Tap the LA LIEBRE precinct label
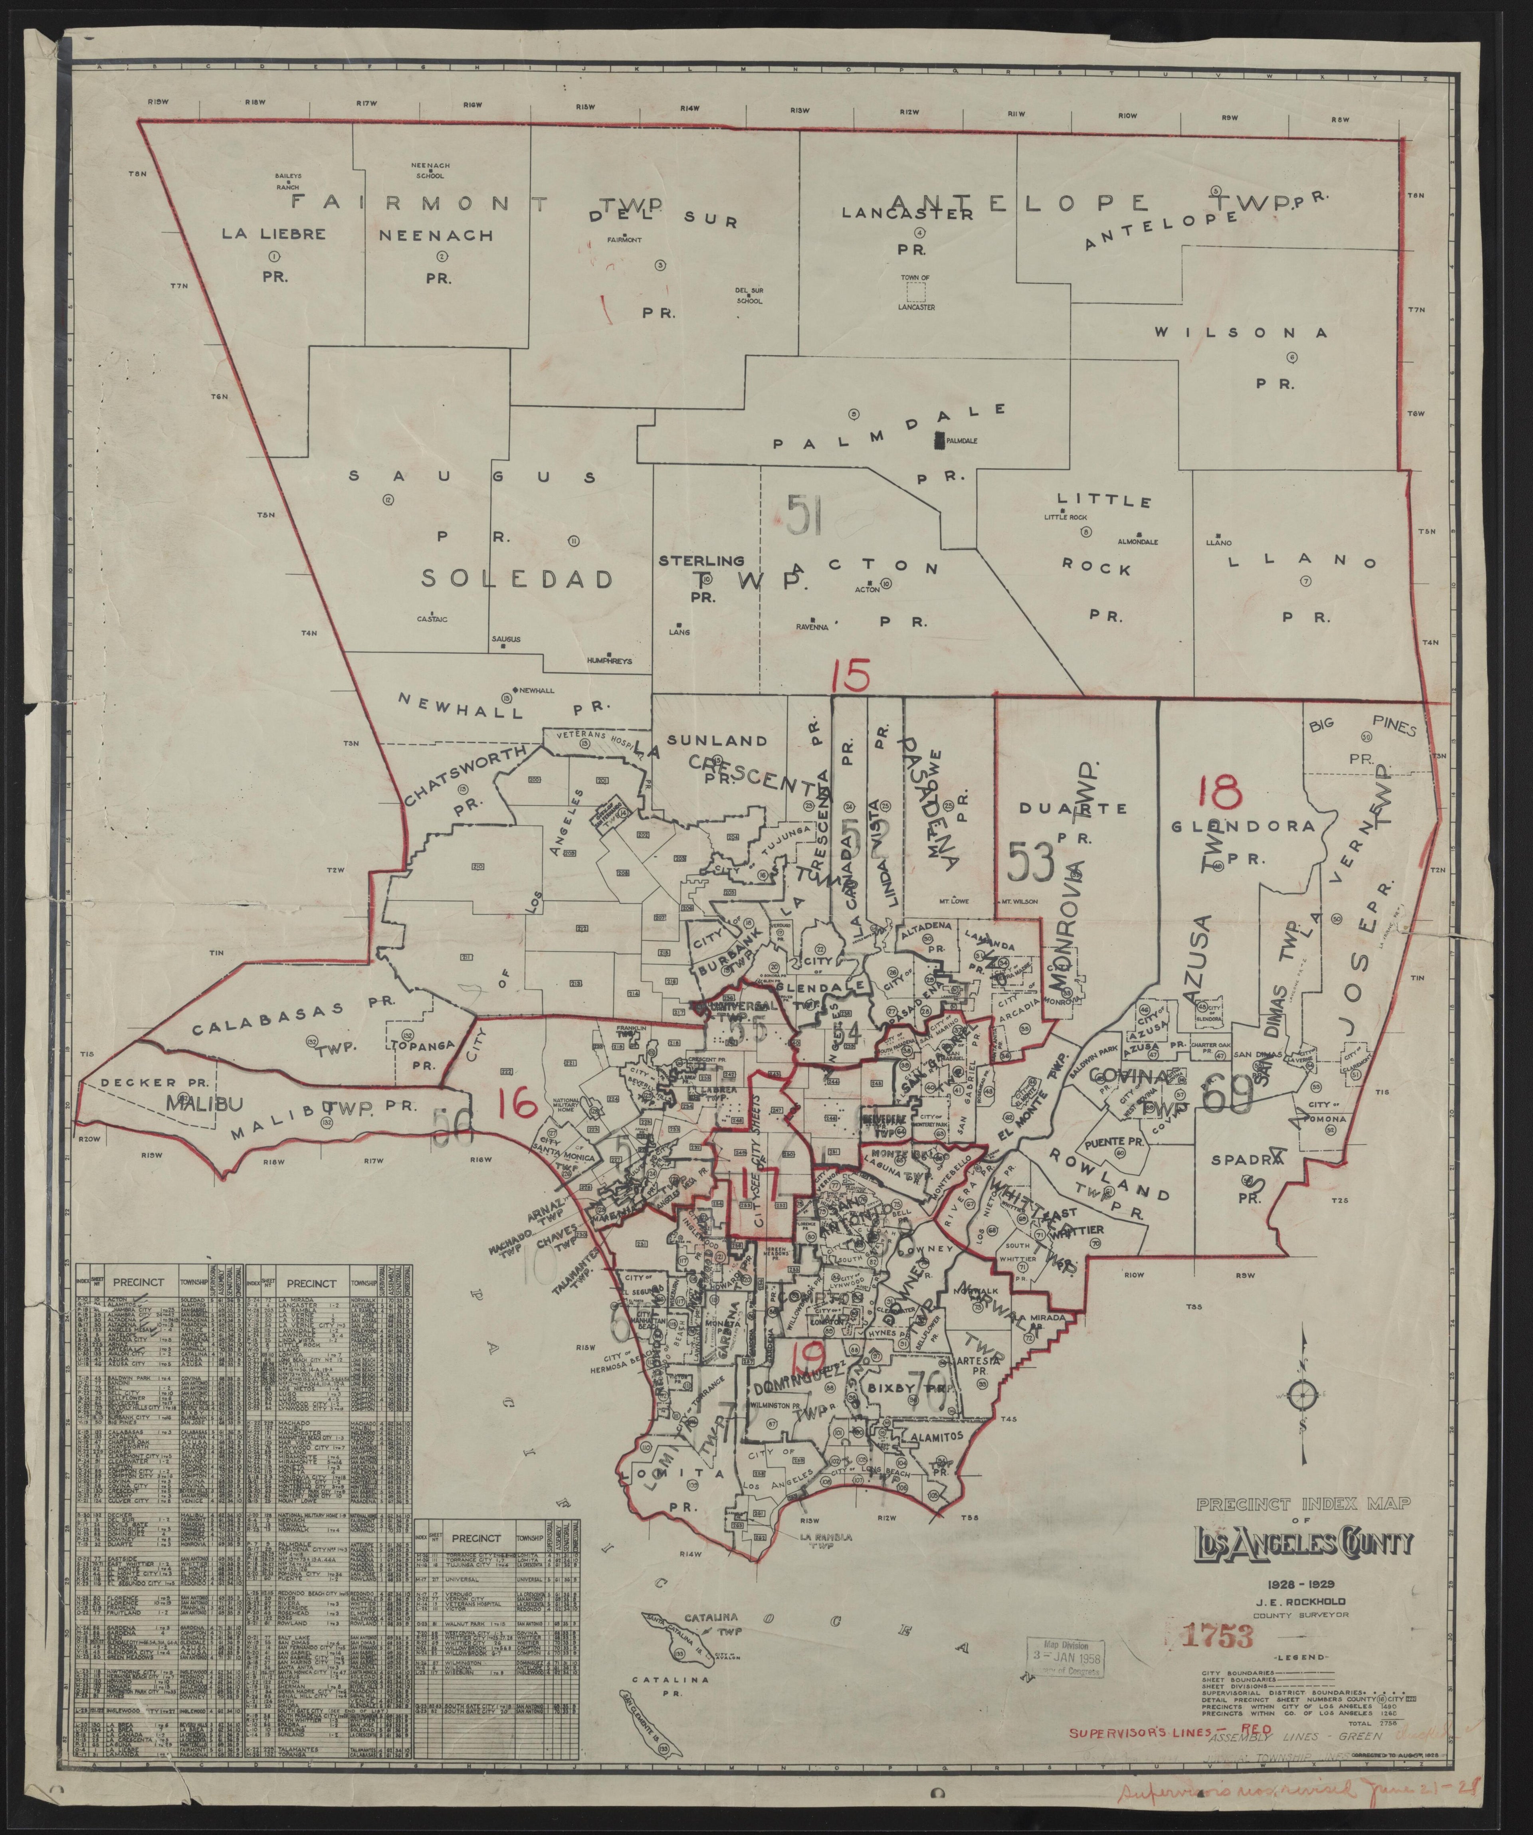(273, 234)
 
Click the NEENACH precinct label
(436, 235)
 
